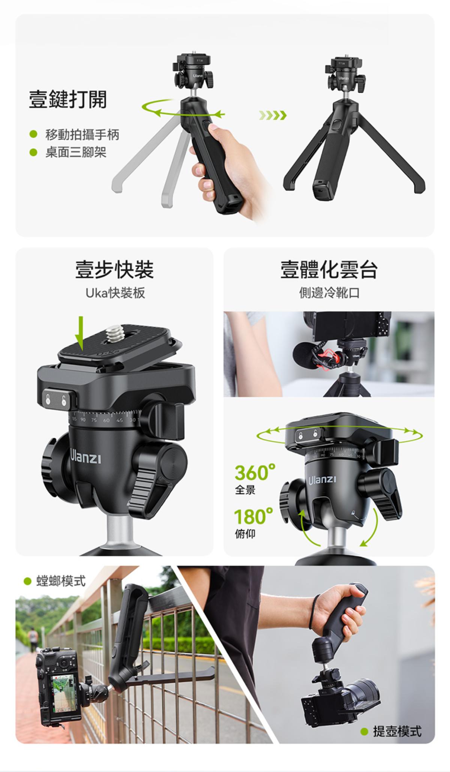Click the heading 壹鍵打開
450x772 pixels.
68,99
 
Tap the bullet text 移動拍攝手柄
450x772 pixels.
82,134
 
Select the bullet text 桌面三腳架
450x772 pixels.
76,152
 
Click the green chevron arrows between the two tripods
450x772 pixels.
273,115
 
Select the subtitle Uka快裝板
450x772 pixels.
115,293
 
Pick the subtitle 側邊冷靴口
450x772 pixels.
329,293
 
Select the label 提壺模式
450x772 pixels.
397,731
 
